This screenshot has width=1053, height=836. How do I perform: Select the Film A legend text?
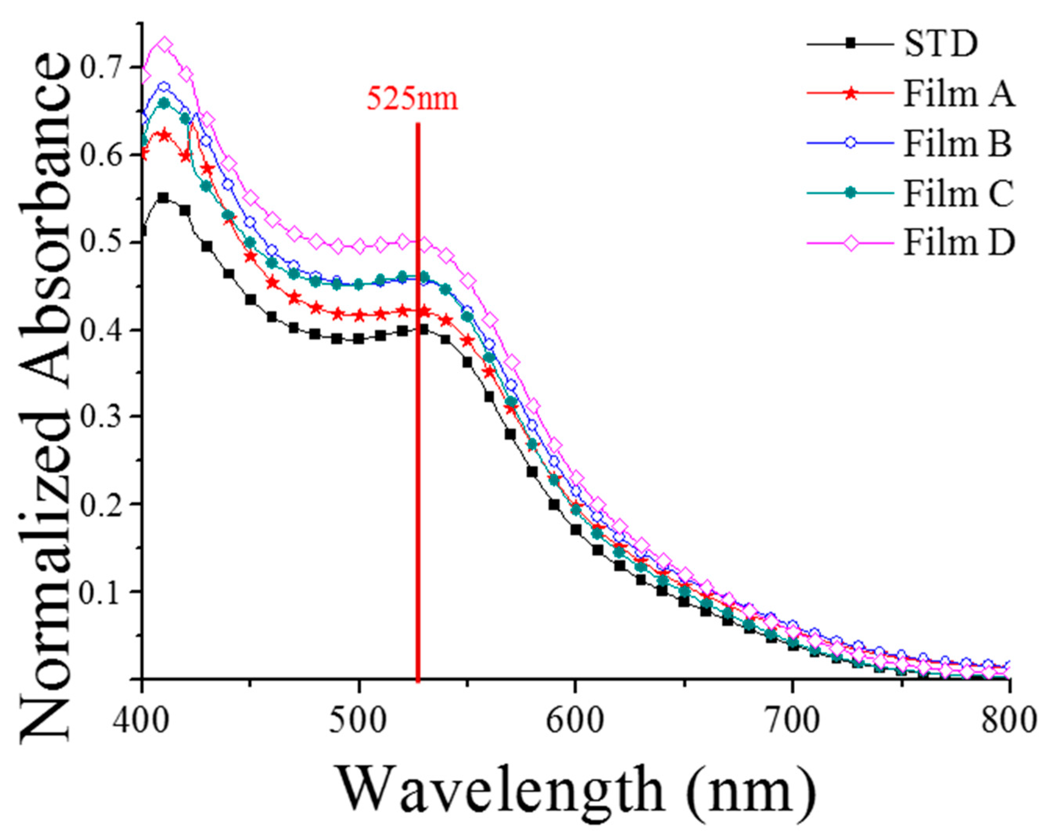958,94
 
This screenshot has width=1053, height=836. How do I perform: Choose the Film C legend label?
958,193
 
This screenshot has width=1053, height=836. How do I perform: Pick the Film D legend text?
959,243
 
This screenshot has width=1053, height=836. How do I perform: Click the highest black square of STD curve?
163,198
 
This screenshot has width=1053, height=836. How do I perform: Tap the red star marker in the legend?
850,94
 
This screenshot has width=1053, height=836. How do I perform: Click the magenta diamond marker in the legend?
850,243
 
